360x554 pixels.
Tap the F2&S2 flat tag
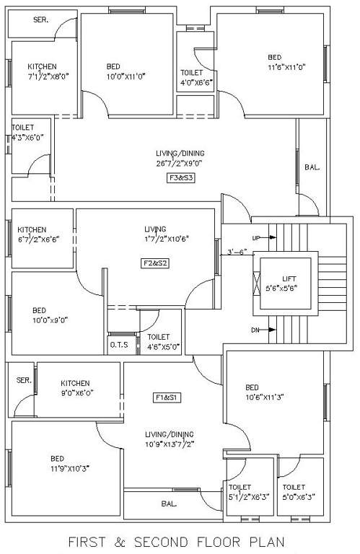coord(154,263)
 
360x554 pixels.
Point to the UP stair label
coord(256,237)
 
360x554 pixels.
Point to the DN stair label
coord(256,330)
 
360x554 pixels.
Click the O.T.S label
coord(119,346)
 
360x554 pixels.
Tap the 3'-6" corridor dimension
coord(237,252)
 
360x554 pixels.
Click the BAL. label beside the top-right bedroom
coord(312,167)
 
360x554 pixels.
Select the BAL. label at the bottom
coord(170,504)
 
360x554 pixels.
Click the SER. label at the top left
coord(40,20)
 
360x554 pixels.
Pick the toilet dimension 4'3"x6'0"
coord(27,137)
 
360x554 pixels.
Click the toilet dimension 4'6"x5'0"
coord(160,346)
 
